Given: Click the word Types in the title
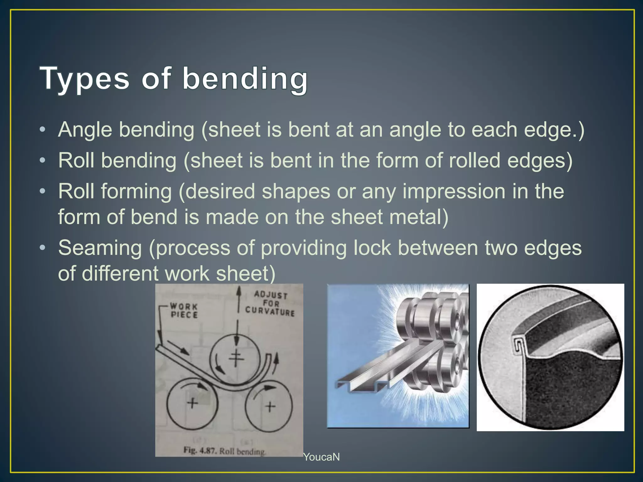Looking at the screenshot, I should point(85,78).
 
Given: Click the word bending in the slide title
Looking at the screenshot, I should point(245,78).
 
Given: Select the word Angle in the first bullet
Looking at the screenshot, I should point(85,130).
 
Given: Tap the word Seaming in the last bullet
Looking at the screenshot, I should point(100,248).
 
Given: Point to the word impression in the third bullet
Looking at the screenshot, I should point(454,191).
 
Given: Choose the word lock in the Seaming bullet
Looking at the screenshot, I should point(372,248).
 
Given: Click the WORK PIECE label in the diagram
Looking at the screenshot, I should point(184,310).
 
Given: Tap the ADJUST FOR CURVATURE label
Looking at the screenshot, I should point(270,303).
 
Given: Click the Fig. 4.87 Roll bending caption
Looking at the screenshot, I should point(224,451).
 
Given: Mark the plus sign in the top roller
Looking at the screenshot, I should point(236,358).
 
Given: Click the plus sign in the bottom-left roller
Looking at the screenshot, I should point(192,403).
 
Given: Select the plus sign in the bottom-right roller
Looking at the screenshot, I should point(270,407).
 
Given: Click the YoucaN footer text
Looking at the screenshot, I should point(321,457).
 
